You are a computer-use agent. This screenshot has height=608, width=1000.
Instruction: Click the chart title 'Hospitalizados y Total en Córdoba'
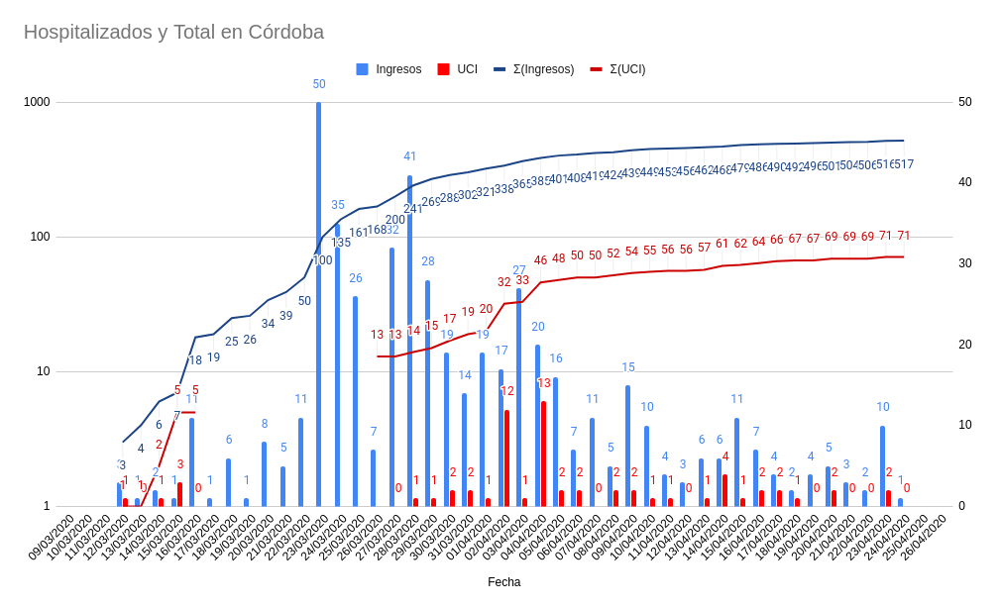point(173,32)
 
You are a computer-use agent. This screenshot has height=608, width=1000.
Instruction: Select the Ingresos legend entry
point(389,69)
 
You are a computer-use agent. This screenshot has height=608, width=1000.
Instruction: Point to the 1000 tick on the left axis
point(37,102)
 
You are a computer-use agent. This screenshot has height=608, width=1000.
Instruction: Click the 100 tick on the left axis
point(40,237)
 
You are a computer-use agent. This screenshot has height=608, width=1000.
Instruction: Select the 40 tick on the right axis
point(964,182)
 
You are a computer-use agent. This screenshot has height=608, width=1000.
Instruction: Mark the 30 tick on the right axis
point(964,263)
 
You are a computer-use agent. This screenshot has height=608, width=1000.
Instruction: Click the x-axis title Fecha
point(503,582)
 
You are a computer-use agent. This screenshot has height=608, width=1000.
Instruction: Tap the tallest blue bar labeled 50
point(318,297)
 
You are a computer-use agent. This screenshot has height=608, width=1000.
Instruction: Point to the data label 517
point(903,164)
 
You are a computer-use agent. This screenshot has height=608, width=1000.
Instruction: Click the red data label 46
point(540,260)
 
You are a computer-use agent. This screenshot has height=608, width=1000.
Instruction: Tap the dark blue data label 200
point(395,220)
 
